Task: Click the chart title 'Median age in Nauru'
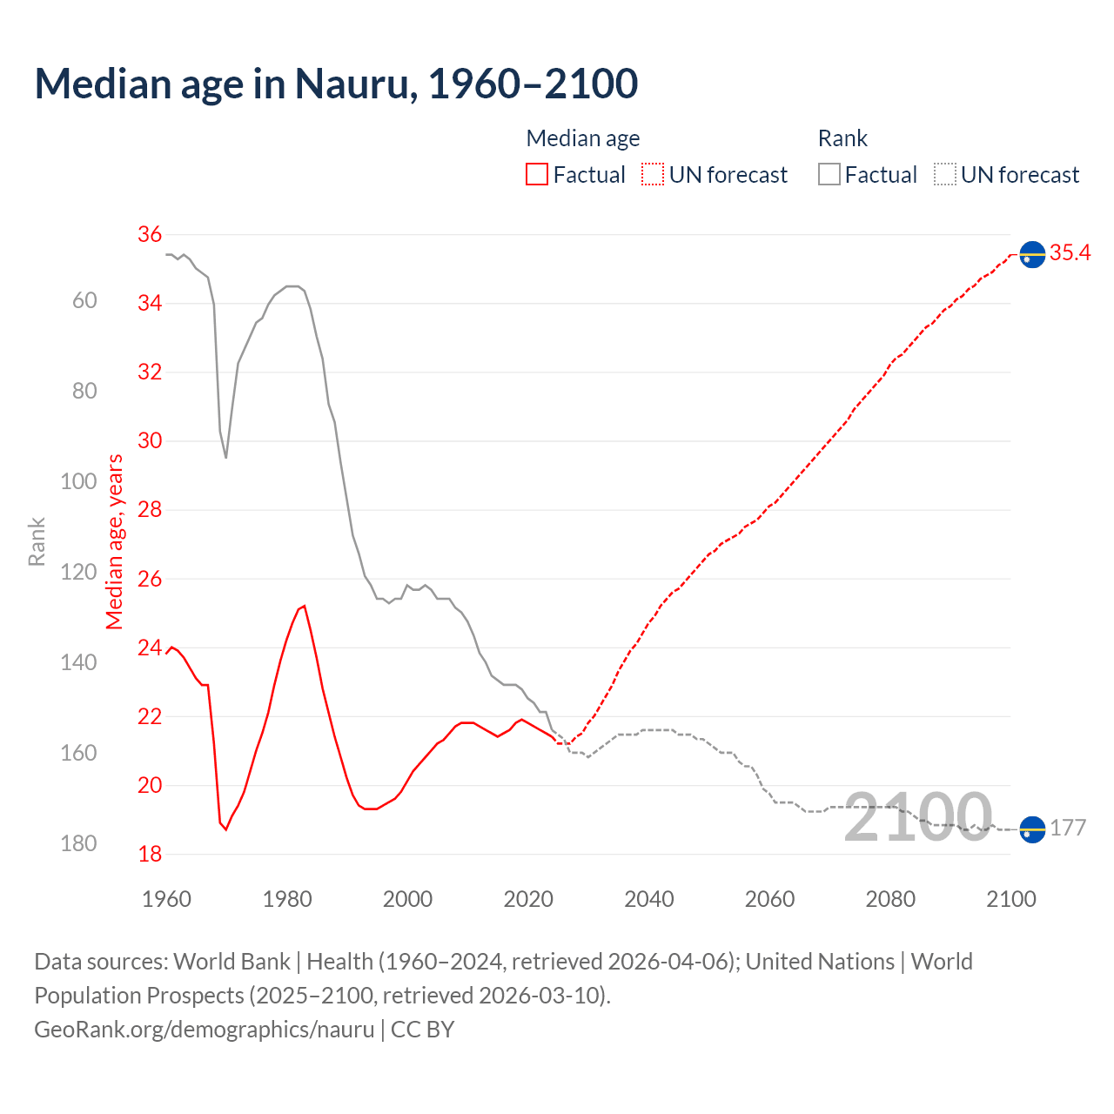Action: pos(336,84)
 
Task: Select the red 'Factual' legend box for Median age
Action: pos(537,175)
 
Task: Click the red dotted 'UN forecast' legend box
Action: pos(653,175)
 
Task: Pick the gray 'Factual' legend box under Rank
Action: pos(829,175)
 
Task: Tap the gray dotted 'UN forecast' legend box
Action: pos(945,175)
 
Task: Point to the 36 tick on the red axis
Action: pos(150,234)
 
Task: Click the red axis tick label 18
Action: pos(150,854)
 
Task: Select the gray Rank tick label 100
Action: pos(78,481)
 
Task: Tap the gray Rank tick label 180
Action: pos(78,843)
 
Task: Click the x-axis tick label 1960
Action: pos(166,899)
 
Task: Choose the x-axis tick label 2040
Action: pos(649,899)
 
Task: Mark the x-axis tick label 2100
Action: pos(1010,899)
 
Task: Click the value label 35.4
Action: pos(1070,252)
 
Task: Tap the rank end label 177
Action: pos(1068,828)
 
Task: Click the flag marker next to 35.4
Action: pos(1032,254)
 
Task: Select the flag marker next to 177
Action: pos(1032,829)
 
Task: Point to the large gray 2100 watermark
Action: pos(918,818)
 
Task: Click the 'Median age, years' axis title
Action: pos(115,541)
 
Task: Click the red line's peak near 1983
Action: pos(304,606)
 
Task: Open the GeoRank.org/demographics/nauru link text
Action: pos(205,1030)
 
